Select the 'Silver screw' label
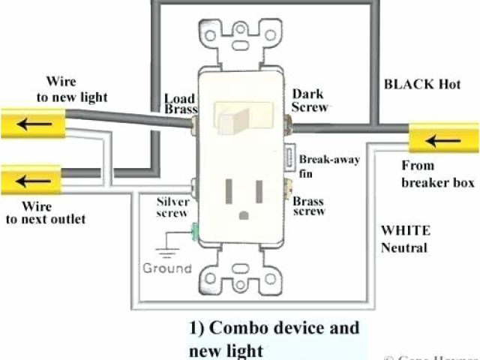[x=173, y=208]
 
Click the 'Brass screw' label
[x=308, y=206]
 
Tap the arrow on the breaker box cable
[x=437, y=139]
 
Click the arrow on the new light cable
[x=31, y=121]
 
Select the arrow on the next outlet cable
[x=31, y=181]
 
